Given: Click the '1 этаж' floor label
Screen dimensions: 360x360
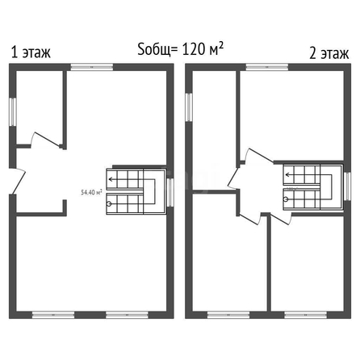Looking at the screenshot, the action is (x=31, y=52).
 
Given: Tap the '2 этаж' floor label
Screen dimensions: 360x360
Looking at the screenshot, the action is (x=329, y=53).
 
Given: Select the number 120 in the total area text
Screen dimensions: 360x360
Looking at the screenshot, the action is (x=194, y=49).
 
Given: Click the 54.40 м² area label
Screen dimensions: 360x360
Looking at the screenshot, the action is (x=91, y=192).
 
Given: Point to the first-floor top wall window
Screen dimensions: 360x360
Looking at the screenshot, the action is (x=92, y=67).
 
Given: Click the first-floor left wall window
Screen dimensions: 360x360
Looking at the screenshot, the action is (x=13, y=111).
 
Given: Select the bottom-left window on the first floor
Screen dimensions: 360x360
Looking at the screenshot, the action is (x=53, y=315).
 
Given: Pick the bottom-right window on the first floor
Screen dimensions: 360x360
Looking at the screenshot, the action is (x=127, y=315).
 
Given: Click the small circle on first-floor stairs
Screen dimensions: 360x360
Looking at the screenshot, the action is (x=109, y=204).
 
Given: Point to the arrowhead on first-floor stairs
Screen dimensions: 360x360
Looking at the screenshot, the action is (x=111, y=179).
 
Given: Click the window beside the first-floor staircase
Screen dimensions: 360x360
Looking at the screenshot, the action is (x=170, y=192).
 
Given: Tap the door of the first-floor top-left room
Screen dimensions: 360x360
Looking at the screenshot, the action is (x=46, y=140).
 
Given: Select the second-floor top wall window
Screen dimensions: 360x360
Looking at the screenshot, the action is (x=267, y=67).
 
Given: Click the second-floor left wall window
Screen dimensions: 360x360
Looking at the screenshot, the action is (x=189, y=107).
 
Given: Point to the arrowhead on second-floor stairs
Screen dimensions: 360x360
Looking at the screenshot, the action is (x=287, y=175).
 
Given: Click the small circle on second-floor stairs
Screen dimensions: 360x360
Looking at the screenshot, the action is (x=286, y=199).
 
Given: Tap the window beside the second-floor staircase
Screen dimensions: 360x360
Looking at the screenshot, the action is (x=348, y=186).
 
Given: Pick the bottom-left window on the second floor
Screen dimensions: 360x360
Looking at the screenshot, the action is (x=228, y=315).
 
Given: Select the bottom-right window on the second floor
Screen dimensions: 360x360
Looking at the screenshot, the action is (x=306, y=315).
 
